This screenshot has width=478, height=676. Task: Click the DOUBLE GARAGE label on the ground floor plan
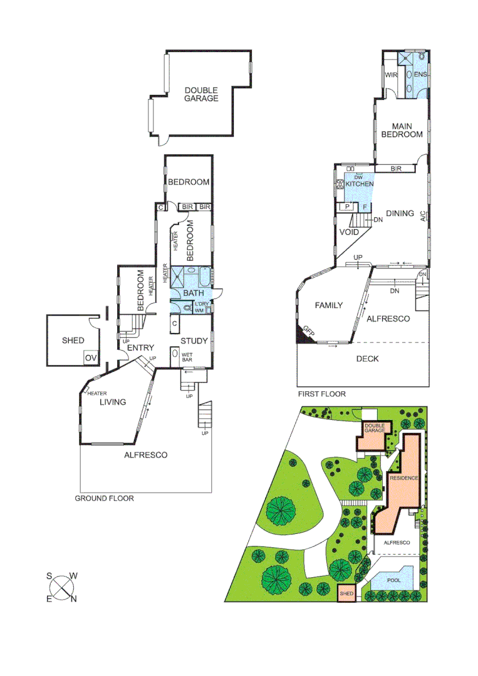pos(201,94)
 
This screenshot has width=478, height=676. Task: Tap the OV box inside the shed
pos(91,357)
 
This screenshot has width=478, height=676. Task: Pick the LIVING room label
pos(113,402)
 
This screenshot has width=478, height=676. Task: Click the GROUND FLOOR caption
pos(104,498)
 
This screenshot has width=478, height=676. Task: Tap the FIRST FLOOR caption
pos(321,394)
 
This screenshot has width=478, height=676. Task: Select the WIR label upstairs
pos(392,75)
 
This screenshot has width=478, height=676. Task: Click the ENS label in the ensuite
pos(420,75)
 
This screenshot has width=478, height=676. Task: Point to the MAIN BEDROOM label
pos(402,130)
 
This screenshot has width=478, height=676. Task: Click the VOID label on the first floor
pos(348,232)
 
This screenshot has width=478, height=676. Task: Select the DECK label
pos(367,359)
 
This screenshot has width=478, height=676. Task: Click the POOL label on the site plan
pos(393,580)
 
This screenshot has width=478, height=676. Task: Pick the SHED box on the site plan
pos(346,593)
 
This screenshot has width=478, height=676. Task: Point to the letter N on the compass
pos(73,600)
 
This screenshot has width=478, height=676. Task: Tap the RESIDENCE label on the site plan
pos(404,478)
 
